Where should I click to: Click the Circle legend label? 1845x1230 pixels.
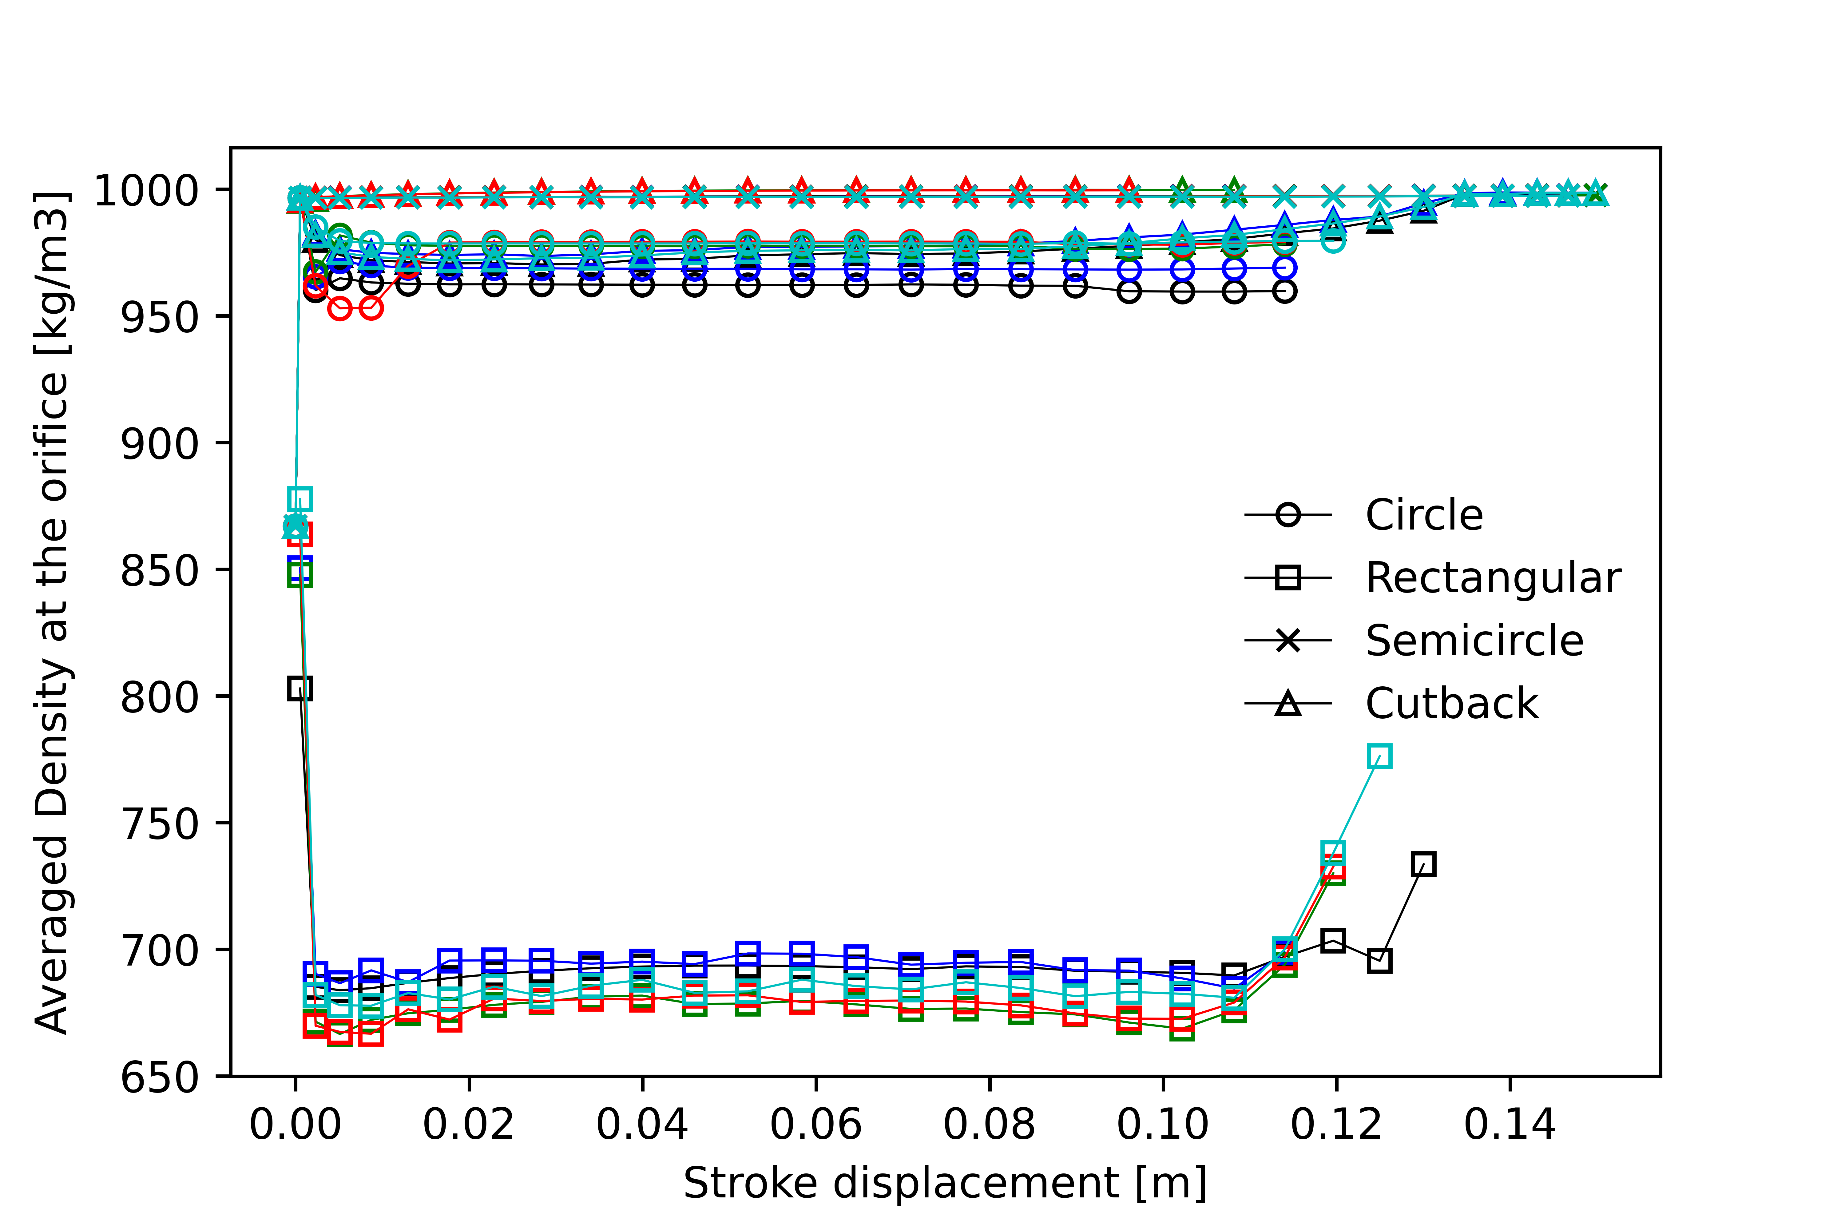coord(1424,515)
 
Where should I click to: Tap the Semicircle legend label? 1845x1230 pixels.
coord(1474,641)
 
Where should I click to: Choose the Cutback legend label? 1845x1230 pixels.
coord(1451,704)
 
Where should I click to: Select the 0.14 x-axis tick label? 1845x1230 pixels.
coord(1509,1124)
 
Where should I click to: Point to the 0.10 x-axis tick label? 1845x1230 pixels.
coord(1163,1124)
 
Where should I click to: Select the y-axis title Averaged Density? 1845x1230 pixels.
coord(52,612)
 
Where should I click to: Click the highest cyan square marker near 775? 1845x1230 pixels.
coord(1379,756)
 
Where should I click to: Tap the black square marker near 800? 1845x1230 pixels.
coord(300,689)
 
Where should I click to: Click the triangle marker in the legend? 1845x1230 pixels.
coord(1287,704)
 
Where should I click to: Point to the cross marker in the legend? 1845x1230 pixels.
coord(1287,641)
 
